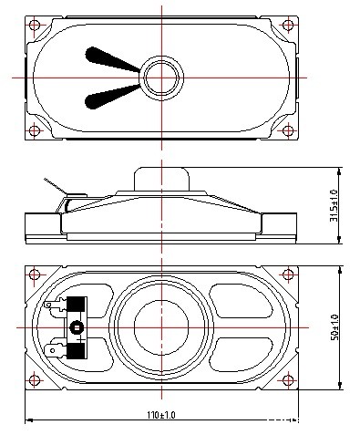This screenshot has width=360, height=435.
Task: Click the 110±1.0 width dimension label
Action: (x=161, y=415)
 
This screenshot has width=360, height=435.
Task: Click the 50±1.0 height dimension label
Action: (x=334, y=327)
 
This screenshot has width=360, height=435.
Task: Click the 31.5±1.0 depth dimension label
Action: (x=334, y=206)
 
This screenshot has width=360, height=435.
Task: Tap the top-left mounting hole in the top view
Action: (x=35, y=25)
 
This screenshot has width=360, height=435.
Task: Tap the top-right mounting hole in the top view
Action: (x=288, y=25)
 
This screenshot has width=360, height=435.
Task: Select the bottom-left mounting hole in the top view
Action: (x=35, y=130)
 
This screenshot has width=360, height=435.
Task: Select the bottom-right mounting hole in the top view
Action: (x=288, y=130)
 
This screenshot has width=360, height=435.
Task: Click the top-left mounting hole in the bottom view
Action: (x=35, y=274)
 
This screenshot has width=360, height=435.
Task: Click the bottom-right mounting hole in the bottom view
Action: (x=288, y=380)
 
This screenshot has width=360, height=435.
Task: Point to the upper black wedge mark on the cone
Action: (x=109, y=59)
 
